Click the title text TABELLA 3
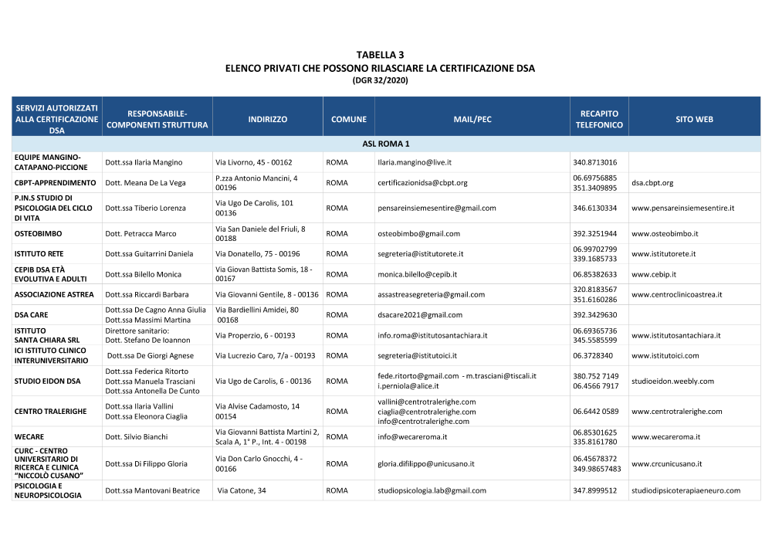click(380, 55)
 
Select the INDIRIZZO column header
click(268, 120)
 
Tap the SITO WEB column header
click(694, 120)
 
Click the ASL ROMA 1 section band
click(386, 144)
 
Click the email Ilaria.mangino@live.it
click(415, 162)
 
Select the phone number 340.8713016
click(594, 162)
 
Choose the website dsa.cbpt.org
click(652, 183)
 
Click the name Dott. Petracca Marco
click(141, 233)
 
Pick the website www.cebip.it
click(655, 274)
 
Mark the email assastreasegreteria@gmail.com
click(431, 294)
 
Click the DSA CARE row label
click(31, 314)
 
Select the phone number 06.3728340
click(593, 355)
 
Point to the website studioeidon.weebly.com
click(672, 381)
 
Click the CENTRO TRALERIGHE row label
click(50, 411)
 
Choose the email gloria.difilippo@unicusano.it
click(425, 463)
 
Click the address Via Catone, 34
click(242, 490)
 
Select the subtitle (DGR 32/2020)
click(380, 80)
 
